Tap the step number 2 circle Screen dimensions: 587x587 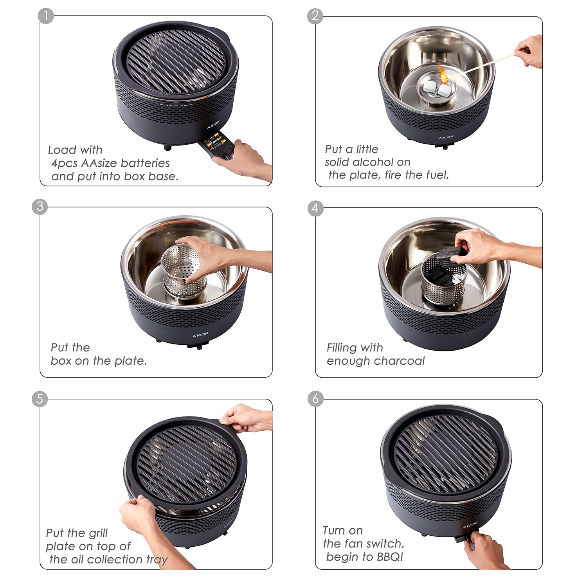tap(315, 16)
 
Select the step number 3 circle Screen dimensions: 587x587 tap(40, 206)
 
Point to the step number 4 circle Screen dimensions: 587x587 tap(315, 208)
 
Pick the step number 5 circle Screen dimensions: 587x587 tap(40, 399)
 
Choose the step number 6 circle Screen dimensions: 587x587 tap(315, 399)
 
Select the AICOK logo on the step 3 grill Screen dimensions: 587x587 tap(200, 335)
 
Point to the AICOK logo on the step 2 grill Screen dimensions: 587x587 tap(446, 137)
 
